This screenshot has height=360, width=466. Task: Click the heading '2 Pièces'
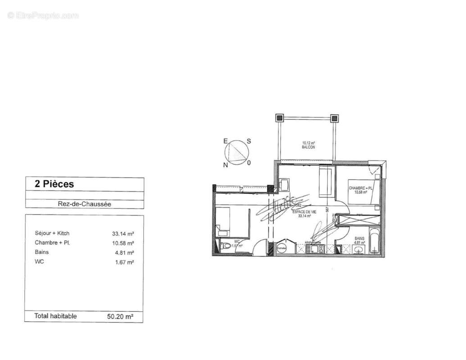54,184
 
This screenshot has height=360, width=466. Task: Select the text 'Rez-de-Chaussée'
84,204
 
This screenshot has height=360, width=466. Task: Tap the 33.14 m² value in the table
123,234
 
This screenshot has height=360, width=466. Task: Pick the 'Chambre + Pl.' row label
53,243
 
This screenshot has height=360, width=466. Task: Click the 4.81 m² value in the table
124,252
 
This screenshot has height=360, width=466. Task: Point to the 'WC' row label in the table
39,261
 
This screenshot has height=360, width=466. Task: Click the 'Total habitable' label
55,316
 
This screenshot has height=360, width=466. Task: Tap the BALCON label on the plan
308,147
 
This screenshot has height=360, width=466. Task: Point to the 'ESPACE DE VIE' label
305,211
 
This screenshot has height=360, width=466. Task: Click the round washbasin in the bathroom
359,250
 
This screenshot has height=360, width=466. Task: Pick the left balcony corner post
280,118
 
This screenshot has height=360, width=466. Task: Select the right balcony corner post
334,118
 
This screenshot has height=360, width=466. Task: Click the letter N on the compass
226,165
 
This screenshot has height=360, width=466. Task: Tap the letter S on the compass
249,141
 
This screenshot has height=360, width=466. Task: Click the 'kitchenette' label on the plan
313,242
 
